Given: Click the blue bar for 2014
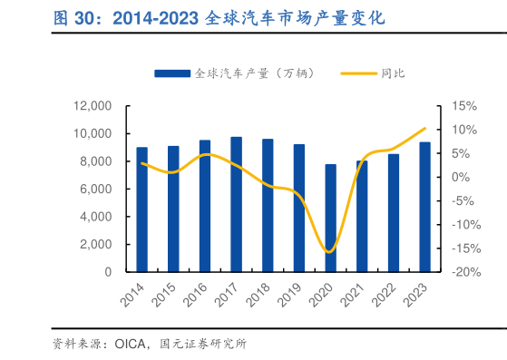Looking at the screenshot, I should coord(142,209).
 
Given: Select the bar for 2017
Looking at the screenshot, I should coord(237,204).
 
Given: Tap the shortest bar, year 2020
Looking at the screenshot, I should coord(330,218).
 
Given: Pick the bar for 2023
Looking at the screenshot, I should coord(424,207).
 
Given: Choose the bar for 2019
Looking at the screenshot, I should coord(299,208).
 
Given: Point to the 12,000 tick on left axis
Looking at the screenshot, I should coord(93,106).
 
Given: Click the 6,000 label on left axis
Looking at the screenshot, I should coord(95,190).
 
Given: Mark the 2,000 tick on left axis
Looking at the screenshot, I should coord(95,245).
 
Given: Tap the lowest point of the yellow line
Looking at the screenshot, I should coord(329,251).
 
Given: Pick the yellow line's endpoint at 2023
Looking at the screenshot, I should coord(424,129).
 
